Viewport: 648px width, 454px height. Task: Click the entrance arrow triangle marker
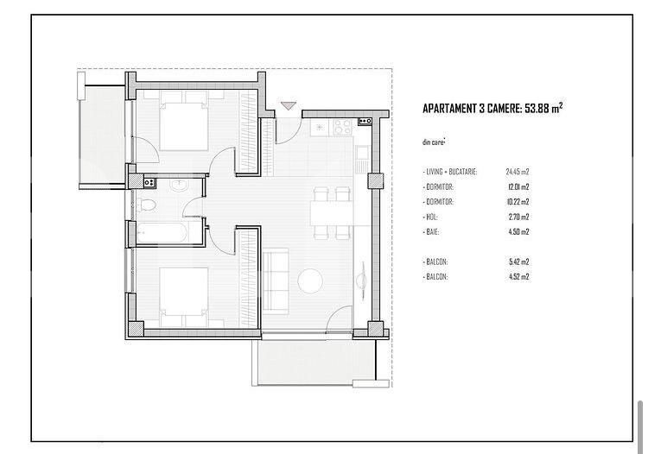(x=288, y=106)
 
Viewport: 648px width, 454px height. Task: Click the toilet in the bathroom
(x=148, y=205)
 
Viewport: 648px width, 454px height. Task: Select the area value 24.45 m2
(x=517, y=172)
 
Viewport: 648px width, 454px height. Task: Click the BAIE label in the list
(x=434, y=231)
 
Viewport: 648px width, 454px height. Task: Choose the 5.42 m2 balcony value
(x=517, y=262)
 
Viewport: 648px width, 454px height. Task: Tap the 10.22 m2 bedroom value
(x=517, y=202)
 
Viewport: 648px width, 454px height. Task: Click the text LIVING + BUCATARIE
(x=452, y=172)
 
